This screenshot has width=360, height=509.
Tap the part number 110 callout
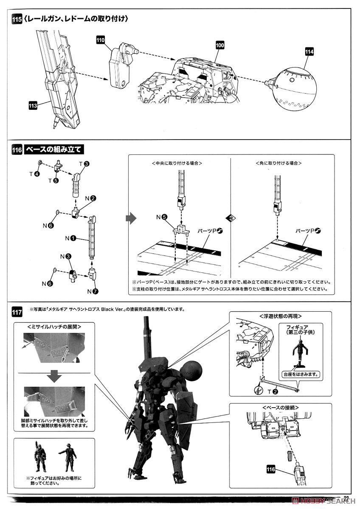(101, 40)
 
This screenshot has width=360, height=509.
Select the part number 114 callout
(309, 52)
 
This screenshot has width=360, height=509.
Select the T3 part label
(84, 164)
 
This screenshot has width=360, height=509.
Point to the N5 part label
(161, 217)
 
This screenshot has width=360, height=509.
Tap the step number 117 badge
(18, 314)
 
